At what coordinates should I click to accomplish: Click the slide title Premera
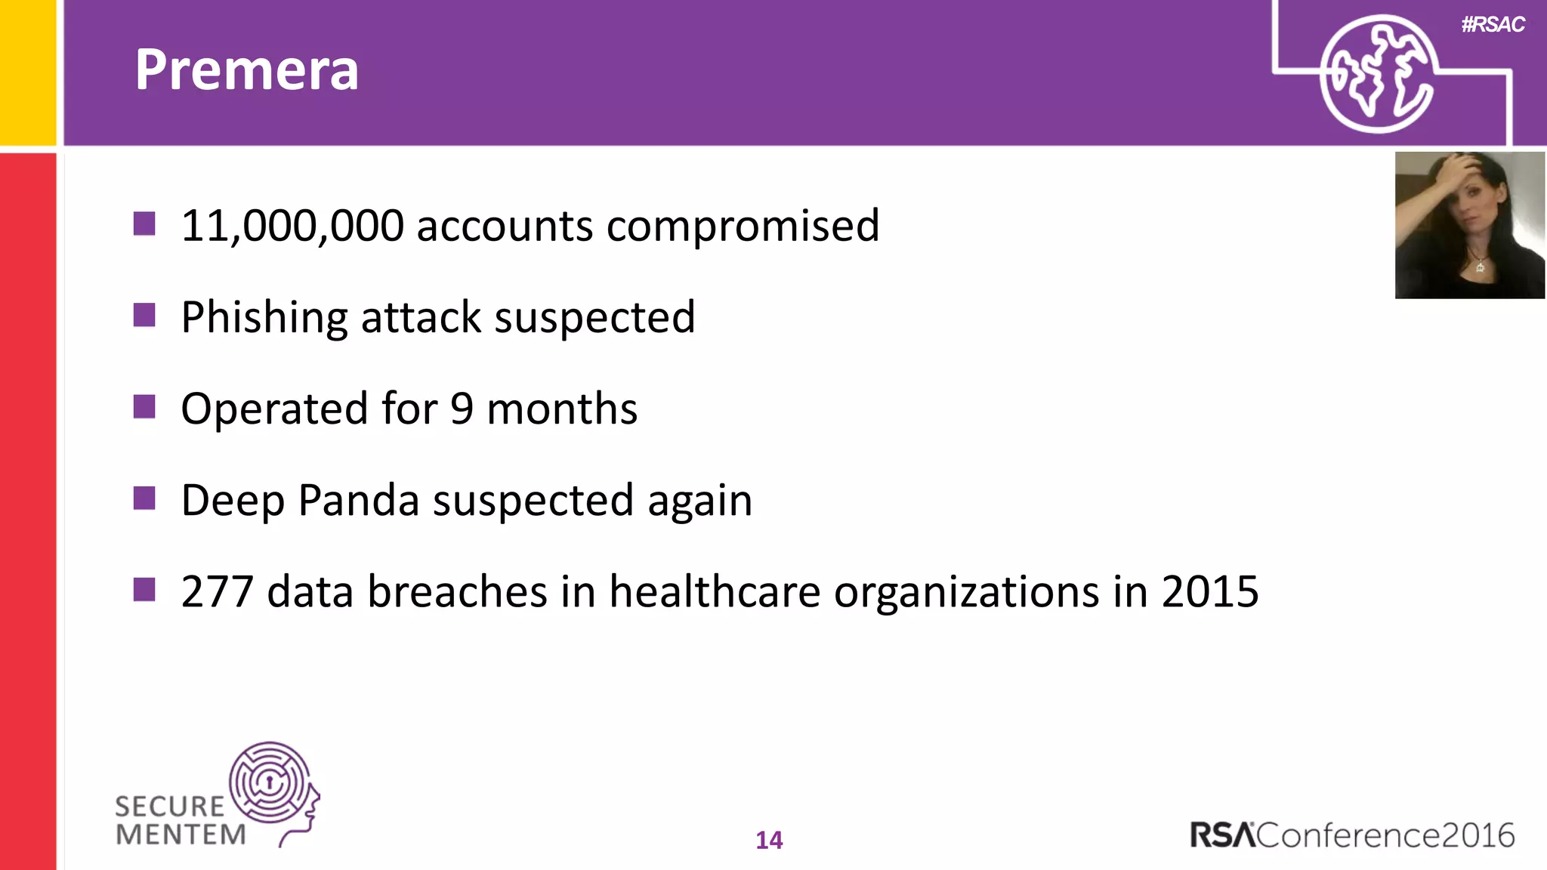pos(246,69)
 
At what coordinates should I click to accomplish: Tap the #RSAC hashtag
pos(1493,25)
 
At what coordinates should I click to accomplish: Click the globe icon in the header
pos(1377,74)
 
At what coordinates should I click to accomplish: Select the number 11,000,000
pos(292,226)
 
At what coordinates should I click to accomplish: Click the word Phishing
pos(264,318)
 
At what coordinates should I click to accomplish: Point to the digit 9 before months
pos(462,409)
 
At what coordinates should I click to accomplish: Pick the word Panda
pos(359,500)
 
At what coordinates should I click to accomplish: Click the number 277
pos(217,591)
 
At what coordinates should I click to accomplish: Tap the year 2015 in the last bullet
pos(1209,591)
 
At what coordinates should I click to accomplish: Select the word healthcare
pos(715,591)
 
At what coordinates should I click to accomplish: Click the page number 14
pos(769,840)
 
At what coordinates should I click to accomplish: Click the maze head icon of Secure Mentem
pos(273,785)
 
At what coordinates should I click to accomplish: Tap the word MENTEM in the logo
pos(181,835)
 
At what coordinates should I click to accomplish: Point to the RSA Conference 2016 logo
pos(1352,835)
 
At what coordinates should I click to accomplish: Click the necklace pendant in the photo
pos(1480,267)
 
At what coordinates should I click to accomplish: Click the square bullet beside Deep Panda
pos(144,498)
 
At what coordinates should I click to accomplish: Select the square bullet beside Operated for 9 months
pos(144,407)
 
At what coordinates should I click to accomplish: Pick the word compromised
pos(743,226)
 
